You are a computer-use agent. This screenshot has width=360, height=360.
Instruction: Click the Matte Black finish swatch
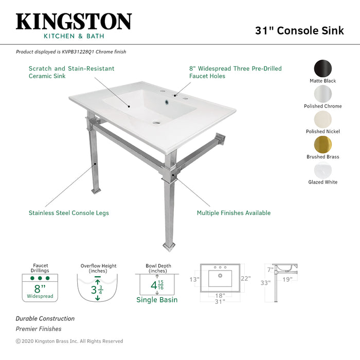click(x=323, y=68)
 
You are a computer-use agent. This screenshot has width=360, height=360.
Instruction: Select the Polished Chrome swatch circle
click(x=323, y=94)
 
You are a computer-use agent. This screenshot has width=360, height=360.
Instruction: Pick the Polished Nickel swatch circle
click(x=323, y=119)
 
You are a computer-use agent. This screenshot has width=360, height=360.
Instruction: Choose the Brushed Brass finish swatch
click(x=323, y=145)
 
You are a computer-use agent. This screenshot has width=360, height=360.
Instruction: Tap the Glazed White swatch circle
click(x=323, y=170)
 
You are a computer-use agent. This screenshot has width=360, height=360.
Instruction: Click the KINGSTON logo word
click(x=74, y=22)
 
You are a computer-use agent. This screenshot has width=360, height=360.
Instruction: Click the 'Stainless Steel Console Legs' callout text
click(x=68, y=213)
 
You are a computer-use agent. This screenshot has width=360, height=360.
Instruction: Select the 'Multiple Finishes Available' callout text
click(x=233, y=213)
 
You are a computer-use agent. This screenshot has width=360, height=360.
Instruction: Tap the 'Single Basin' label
click(x=157, y=300)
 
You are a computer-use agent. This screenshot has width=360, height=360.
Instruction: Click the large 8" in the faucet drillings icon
click(x=40, y=289)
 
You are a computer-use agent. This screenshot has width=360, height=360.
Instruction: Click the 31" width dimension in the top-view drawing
click(x=220, y=302)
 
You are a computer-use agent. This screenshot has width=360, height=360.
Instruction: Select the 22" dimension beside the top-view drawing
click(x=245, y=278)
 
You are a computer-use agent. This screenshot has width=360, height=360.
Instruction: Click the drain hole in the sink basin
click(x=156, y=123)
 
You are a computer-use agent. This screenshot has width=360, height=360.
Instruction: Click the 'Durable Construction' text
click(x=45, y=319)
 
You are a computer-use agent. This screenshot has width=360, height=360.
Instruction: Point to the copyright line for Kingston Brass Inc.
click(x=69, y=341)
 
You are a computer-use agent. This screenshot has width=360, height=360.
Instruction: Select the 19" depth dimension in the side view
click(x=287, y=279)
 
